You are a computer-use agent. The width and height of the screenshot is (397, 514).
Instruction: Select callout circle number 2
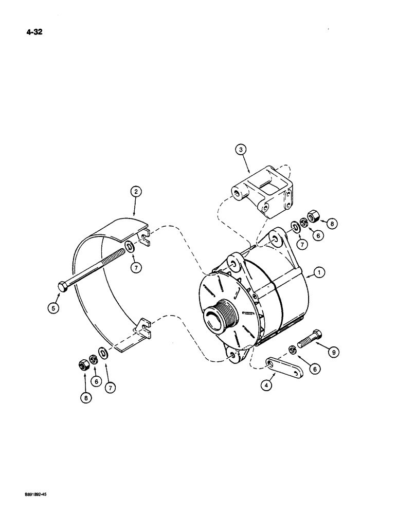pyautogui.click(x=135, y=192)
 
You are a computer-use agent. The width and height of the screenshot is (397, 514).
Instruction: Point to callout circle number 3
pyautogui.click(x=242, y=150)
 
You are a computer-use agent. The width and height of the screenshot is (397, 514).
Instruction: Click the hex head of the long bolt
pyautogui.click(x=63, y=287)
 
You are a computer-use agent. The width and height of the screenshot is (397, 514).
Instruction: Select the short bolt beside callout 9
pyautogui.click(x=311, y=339)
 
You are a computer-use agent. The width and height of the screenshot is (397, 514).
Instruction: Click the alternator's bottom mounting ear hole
pyautogui.click(x=233, y=355)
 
